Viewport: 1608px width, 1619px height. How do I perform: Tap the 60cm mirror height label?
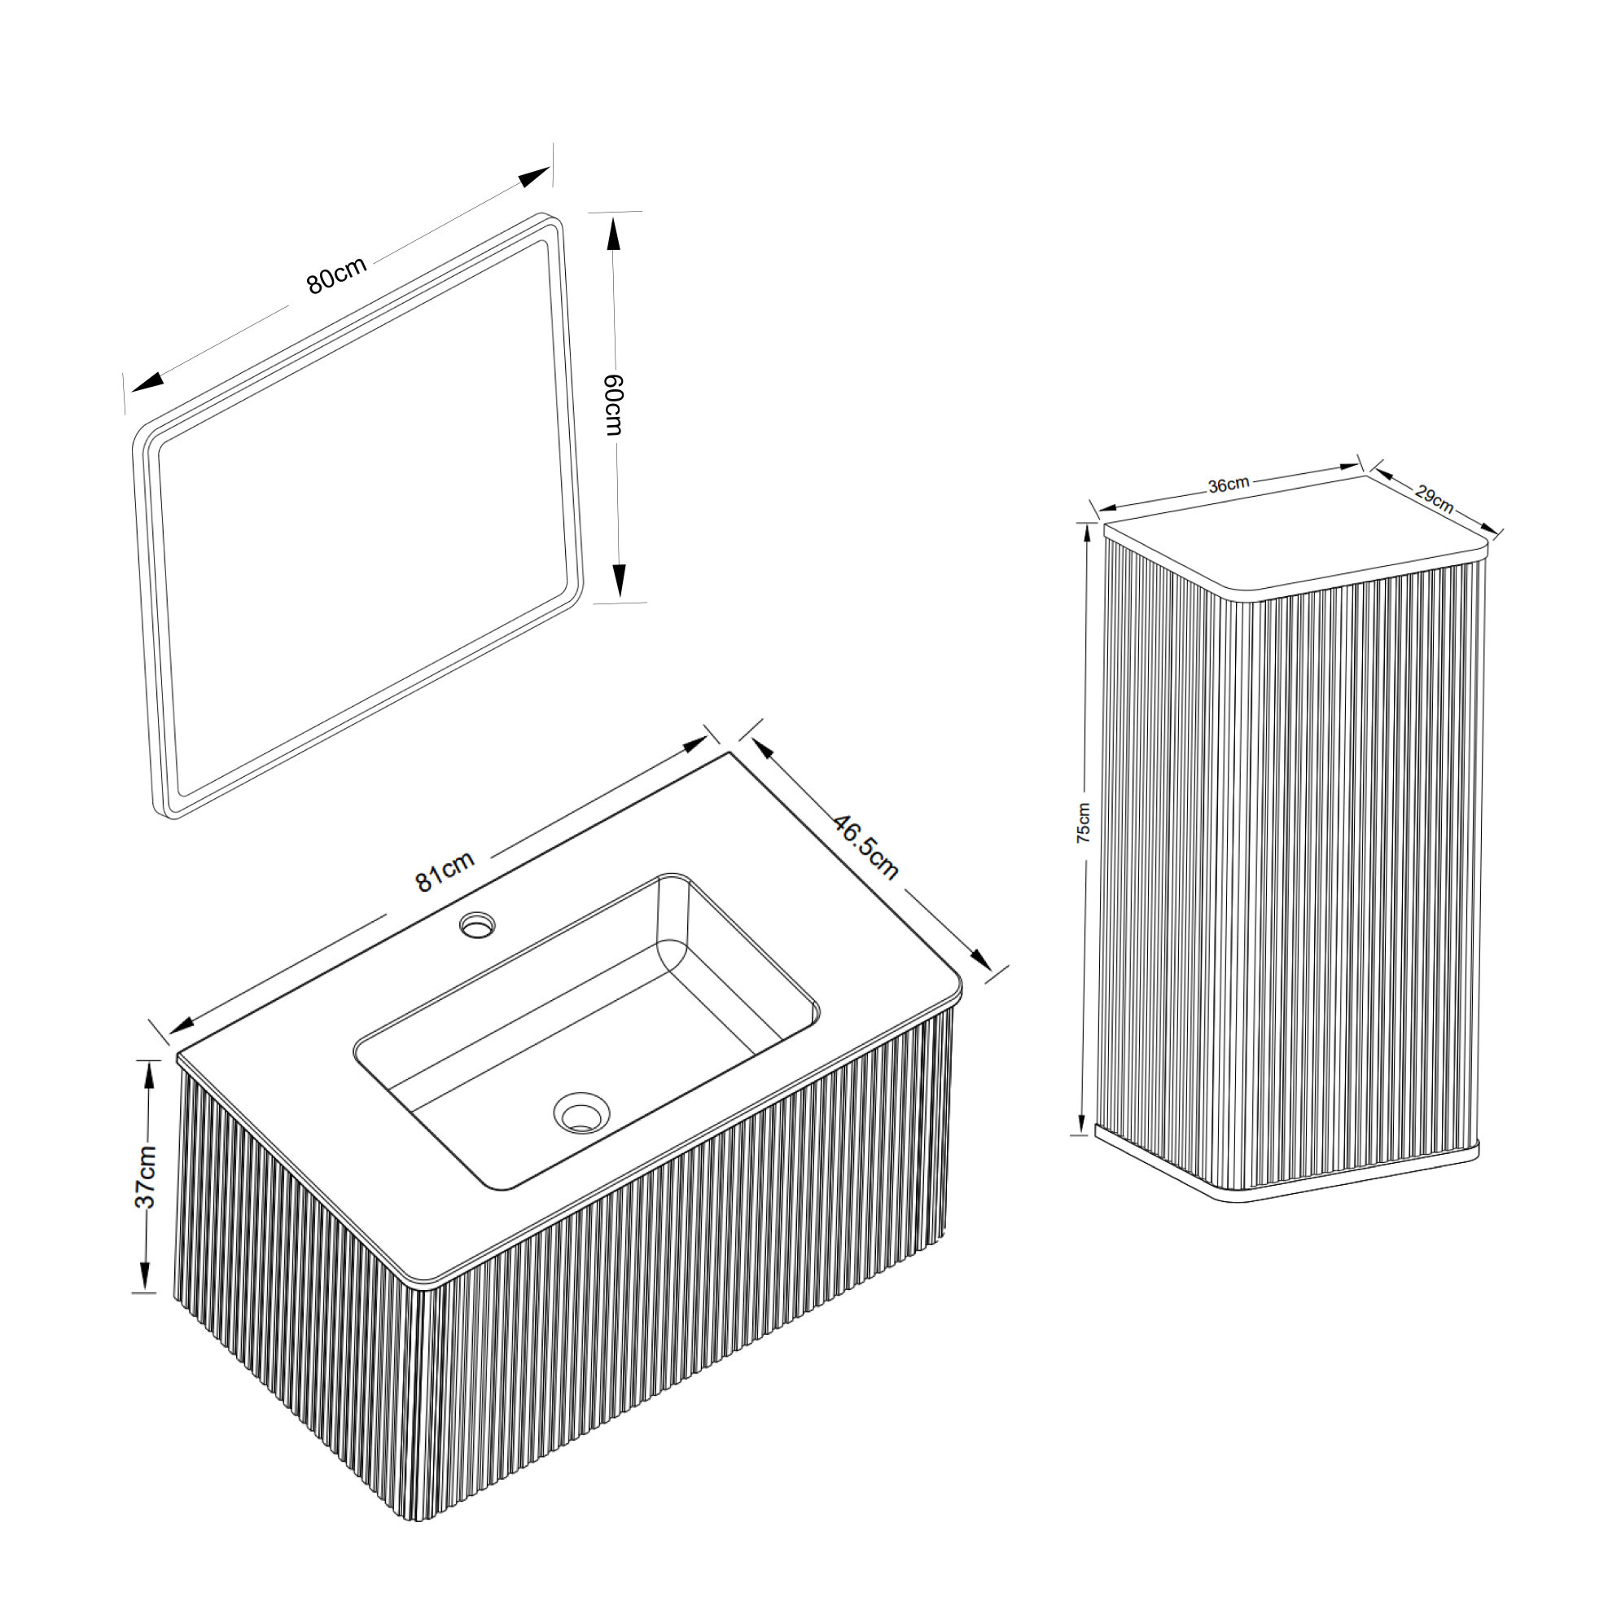pos(614,404)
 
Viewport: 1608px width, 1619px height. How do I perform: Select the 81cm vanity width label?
pos(445,871)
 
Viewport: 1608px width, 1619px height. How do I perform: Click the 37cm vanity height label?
pos(145,1176)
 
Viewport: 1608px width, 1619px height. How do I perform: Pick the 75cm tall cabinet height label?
pos(1083,822)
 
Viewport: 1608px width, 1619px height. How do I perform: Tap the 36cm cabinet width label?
pos(1229,485)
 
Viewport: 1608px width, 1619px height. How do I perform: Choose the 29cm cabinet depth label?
pos(1434,498)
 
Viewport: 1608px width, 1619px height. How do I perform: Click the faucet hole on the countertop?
pos(478,925)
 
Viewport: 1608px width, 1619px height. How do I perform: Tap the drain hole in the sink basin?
pos(581,1112)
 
